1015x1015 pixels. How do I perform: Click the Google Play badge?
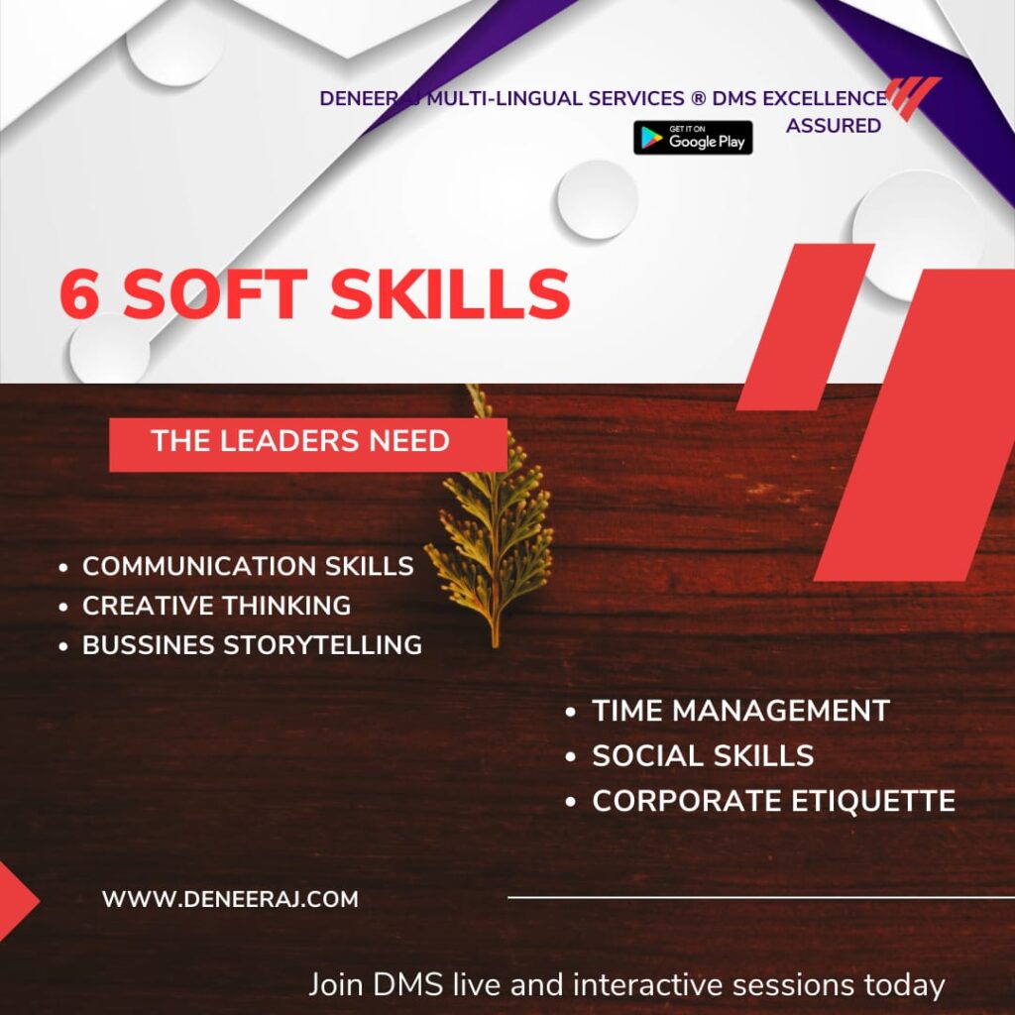693,138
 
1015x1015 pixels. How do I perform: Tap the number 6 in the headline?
82,293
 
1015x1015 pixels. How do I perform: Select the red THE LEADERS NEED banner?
307,443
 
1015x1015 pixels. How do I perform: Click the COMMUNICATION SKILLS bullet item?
248,566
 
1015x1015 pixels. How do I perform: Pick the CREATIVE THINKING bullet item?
216,606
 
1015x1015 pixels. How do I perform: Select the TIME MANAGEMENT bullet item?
740,711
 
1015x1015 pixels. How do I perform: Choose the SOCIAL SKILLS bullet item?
703,755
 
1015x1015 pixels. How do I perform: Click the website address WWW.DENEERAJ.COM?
230,900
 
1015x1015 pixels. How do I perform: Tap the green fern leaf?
493,525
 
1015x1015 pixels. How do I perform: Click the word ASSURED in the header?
833,126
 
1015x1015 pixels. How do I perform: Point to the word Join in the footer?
337,986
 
